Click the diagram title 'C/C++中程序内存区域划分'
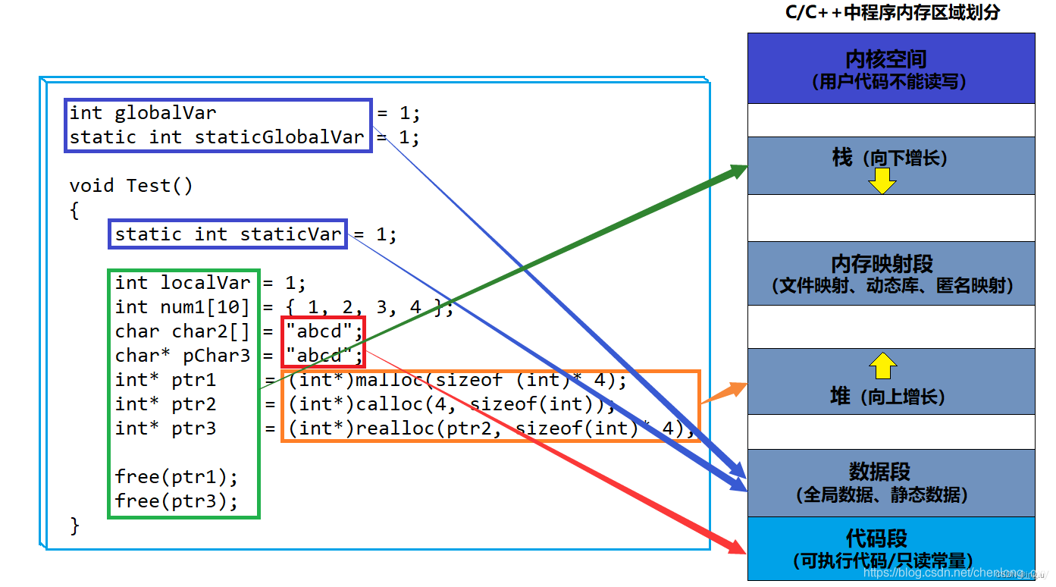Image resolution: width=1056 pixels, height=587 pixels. (891, 12)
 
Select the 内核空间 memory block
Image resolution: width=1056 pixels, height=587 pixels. (891, 68)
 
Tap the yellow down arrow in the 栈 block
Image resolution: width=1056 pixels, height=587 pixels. (882, 180)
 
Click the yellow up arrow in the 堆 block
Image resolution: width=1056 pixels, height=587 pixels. (882, 366)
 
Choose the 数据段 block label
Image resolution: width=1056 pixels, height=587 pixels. (879, 472)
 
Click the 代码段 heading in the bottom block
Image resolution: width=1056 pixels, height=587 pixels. (876, 538)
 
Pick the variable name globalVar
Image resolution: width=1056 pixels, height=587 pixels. (165, 113)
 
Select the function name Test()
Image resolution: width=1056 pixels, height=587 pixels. (159, 186)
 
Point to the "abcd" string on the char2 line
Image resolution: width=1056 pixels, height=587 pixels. (319, 331)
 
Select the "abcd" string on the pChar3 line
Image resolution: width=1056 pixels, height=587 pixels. (319, 356)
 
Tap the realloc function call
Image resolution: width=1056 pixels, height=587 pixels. (394, 428)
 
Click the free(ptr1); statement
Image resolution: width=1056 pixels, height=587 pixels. (176, 477)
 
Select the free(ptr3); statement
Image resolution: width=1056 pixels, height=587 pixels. (176, 501)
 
